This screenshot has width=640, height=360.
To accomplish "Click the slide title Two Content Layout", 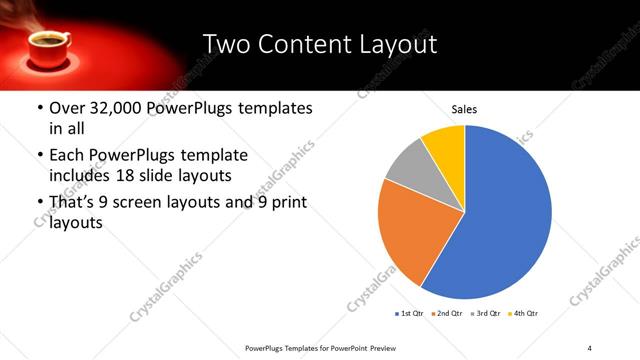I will (x=320, y=44).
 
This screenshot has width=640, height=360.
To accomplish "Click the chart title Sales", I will (x=464, y=108).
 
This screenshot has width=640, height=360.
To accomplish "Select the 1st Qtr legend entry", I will (x=409, y=314).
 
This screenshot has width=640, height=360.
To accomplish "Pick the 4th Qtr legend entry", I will (x=525, y=314).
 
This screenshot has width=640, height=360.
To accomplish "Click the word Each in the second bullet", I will (x=66, y=156).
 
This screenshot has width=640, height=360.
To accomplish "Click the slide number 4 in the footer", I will (x=590, y=347).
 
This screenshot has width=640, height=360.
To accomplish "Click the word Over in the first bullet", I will (x=66, y=107).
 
